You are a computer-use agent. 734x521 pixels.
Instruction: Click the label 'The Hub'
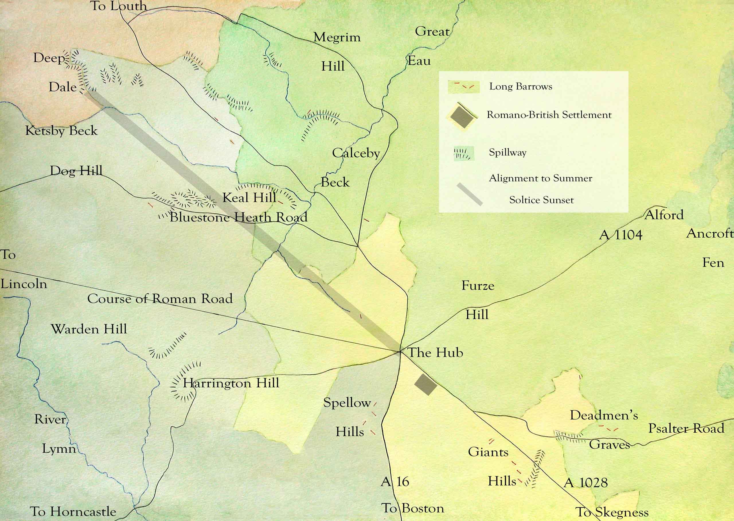[x=435, y=353]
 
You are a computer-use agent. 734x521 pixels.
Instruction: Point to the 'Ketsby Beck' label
[x=61, y=131]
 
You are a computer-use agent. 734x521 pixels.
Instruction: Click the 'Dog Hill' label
[x=76, y=170]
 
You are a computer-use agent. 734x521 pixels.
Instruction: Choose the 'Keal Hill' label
[x=249, y=197]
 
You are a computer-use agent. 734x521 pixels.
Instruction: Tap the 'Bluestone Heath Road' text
[x=239, y=217]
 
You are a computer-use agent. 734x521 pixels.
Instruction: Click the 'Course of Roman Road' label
[x=160, y=299]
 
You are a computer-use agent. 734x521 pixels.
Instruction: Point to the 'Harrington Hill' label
[x=231, y=383]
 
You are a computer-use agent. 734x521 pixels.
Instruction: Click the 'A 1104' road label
[x=620, y=235]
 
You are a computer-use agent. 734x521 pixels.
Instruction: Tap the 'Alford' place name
[x=664, y=215]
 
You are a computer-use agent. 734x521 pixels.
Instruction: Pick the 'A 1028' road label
[x=585, y=483]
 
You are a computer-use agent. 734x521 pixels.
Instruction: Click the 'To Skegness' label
[x=612, y=512]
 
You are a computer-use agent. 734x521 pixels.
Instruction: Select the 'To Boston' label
[x=413, y=508]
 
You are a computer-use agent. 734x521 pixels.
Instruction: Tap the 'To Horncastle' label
[x=73, y=511]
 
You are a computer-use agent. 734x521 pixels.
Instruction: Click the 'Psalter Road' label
[x=686, y=428]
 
